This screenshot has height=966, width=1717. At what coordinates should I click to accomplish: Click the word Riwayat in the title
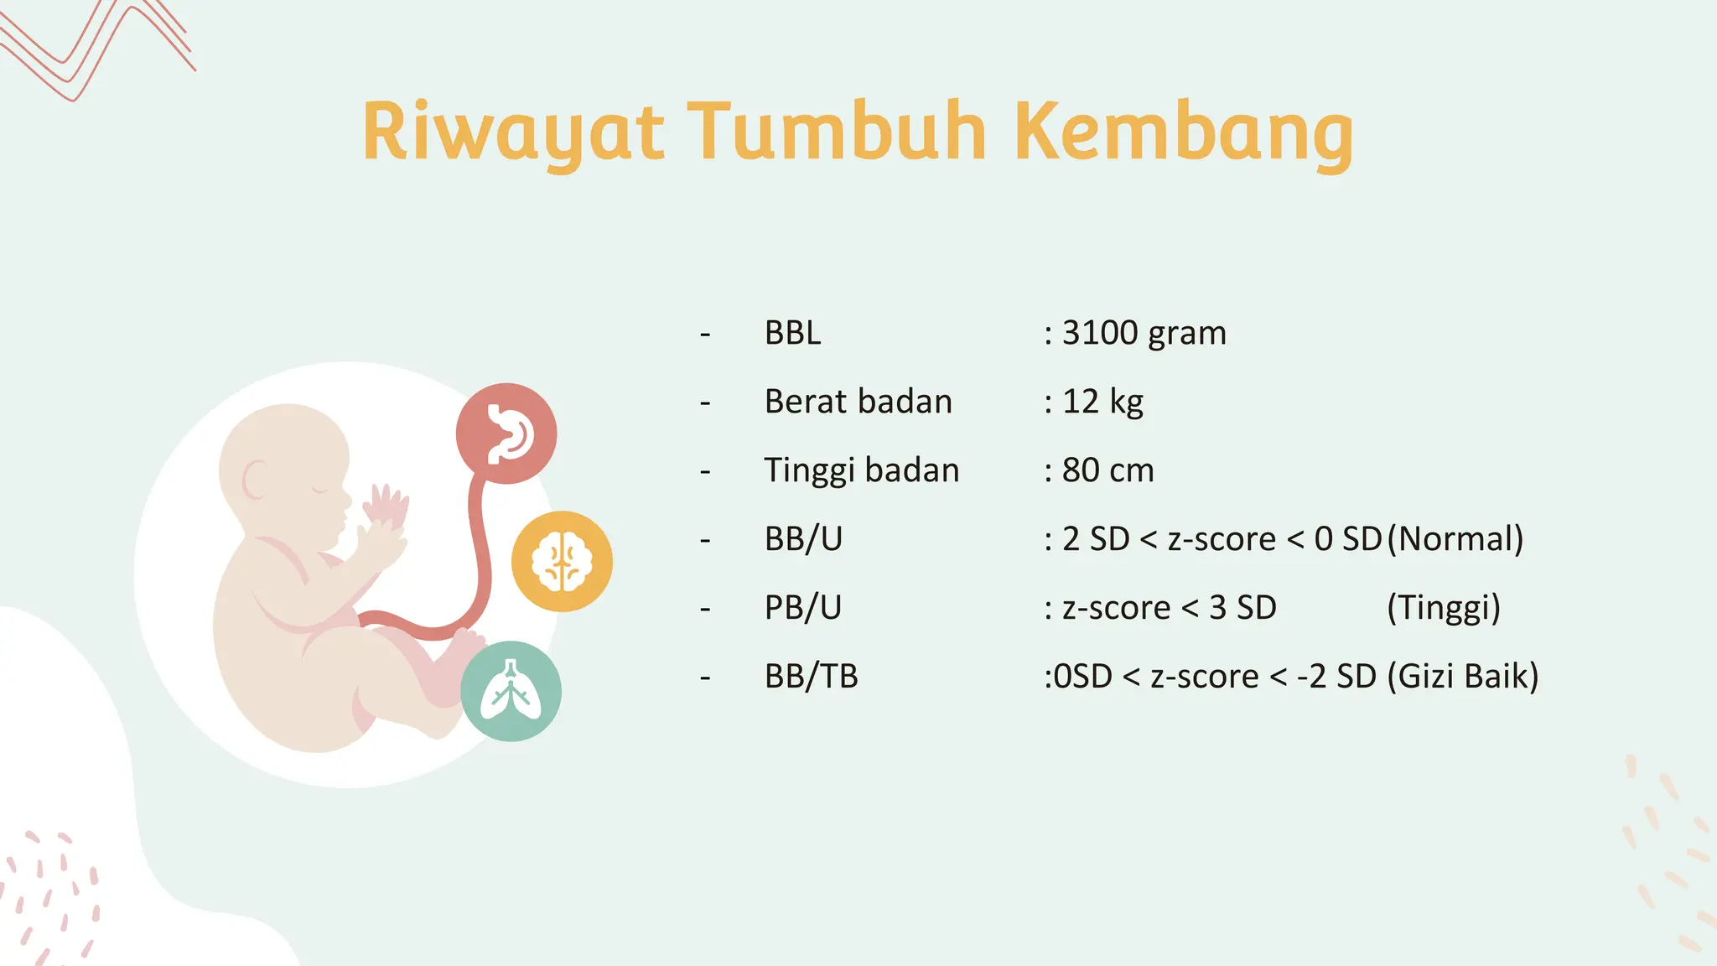pyautogui.click(x=513, y=132)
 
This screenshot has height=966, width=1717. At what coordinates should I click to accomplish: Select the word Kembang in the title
pyautogui.click(x=1183, y=132)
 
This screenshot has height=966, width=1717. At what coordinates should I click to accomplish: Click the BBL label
pyautogui.click(x=792, y=333)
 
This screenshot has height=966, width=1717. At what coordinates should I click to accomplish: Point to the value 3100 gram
pyautogui.click(x=1144, y=333)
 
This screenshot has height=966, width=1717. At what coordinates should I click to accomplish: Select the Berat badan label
pyautogui.click(x=858, y=402)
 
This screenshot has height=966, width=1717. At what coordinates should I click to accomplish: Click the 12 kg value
pyautogui.click(x=1102, y=402)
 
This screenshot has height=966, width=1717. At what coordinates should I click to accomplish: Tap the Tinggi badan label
pyautogui.click(x=861, y=470)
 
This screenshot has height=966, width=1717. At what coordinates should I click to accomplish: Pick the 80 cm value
pyautogui.click(x=1107, y=470)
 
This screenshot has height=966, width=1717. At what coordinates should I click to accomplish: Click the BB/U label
pyautogui.click(x=803, y=539)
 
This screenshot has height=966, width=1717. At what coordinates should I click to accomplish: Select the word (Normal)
pyautogui.click(x=1455, y=539)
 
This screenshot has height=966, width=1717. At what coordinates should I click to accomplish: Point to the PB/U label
pyautogui.click(x=802, y=608)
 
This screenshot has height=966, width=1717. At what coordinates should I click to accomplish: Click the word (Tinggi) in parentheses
pyautogui.click(x=1443, y=608)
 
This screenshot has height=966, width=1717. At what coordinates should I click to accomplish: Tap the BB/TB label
pyautogui.click(x=811, y=677)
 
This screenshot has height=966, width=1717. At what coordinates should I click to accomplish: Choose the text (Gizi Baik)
pyautogui.click(x=1462, y=677)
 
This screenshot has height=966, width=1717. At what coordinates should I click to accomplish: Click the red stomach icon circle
pyautogui.click(x=506, y=434)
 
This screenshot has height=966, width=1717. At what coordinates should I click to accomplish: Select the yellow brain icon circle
pyautogui.click(x=562, y=561)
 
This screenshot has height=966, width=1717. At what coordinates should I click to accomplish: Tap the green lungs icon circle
pyautogui.click(x=511, y=691)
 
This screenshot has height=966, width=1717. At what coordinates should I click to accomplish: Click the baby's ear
pyautogui.click(x=254, y=480)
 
